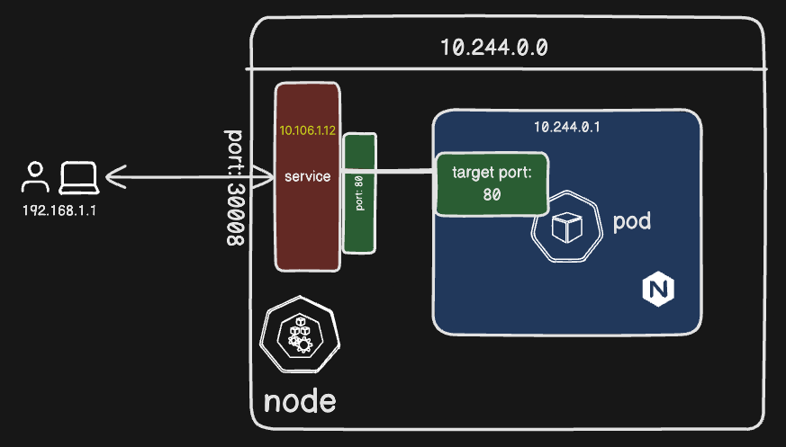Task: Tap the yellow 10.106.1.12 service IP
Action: point(307,130)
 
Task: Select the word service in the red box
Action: point(307,176)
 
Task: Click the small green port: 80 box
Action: point(359,192)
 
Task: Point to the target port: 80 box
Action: point(492,183)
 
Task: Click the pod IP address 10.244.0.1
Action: point(566,127)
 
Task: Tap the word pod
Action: point(632,222)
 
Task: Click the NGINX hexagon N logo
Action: point(658,290)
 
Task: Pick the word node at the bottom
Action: point(300,401)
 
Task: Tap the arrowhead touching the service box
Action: point(267,177)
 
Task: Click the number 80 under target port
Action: point(492,194)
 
